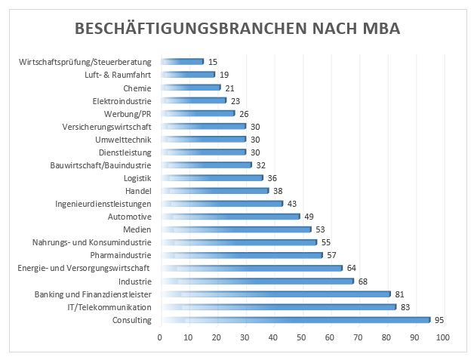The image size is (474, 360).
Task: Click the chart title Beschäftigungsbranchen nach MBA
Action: coord(237,29)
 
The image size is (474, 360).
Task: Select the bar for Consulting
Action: coord(294,320)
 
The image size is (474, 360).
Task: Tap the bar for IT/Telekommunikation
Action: coord(277,307)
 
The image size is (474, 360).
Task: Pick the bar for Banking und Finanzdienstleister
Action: coord(275,294)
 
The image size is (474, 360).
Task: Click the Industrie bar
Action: coord(256,281)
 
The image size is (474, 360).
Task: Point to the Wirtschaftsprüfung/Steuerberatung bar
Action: coord(181,61)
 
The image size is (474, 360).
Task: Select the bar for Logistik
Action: coord(211,177)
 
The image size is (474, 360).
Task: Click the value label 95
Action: coord(440,320)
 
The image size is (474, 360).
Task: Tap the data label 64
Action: coord(352,268)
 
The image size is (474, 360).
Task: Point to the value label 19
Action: coord(223,75)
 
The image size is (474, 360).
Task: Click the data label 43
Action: coord(292,203)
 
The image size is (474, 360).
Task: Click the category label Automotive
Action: coord(130,216)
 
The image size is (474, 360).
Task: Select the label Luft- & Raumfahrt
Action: coord(119,75)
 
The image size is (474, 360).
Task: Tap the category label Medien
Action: coord(137,229)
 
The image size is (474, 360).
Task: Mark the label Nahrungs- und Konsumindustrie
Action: coord(92,242)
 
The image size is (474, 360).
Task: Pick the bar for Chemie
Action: coord(189,88)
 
